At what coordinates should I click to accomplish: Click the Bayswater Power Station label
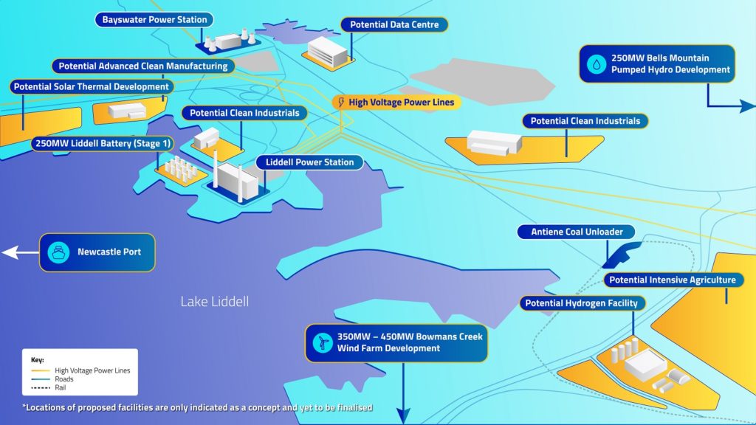pos(154,20)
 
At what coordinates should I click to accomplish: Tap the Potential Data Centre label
pos(394,24)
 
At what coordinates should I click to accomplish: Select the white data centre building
pos(328,52)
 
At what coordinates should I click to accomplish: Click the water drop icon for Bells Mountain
pos(597,63)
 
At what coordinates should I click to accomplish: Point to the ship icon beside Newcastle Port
pos(58,252)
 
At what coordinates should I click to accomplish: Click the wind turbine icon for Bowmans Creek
pos(323,342)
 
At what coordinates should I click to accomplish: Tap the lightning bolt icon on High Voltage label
pos(341,102)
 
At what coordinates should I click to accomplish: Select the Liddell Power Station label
pos(309,162)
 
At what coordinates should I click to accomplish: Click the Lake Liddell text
pos(215,302)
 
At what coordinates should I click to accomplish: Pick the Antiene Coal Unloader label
pos(576,232)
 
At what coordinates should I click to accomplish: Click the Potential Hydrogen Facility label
pos(582,303)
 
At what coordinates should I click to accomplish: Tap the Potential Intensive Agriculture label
pos(673,280)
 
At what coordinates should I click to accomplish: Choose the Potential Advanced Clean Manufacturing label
pos(143,66)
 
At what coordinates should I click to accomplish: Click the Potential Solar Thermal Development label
pos(92,87)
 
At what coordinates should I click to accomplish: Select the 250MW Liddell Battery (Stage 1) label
pos(103,143)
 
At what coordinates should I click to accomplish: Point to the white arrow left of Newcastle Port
pos(20,252)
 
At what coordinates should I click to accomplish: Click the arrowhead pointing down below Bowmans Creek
pos(403,416)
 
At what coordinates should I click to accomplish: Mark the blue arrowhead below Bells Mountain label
pos(747,106)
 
